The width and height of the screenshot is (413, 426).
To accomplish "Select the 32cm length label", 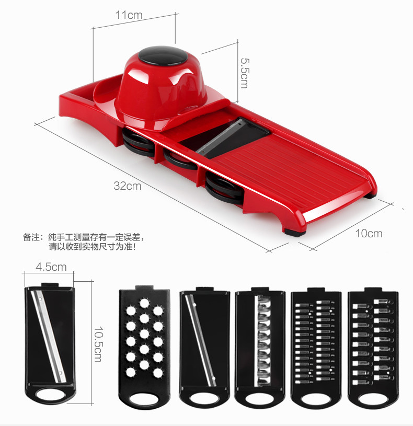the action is (x=128, y=186).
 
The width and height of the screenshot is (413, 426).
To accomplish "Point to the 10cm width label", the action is (x=369, y=233).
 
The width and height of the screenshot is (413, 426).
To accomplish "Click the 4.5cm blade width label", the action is (x=51, y=267).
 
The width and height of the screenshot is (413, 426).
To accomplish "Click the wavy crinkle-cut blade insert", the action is (x=260, y=346).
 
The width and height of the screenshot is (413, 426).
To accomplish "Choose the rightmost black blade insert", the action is (x=373, y=346).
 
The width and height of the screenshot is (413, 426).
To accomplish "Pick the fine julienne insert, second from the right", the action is (x=316, y=346).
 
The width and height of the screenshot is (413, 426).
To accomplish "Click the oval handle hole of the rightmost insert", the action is (x=373, y=400).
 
